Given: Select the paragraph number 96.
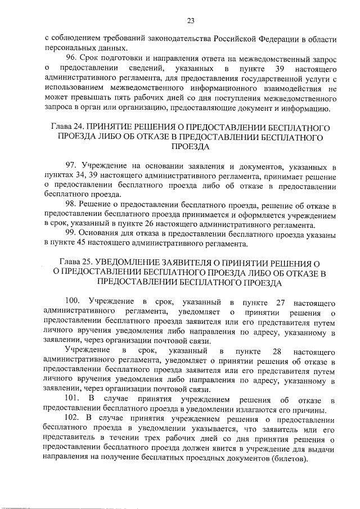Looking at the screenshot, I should click(72, 58).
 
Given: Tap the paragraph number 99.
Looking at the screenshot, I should click(72, 233).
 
